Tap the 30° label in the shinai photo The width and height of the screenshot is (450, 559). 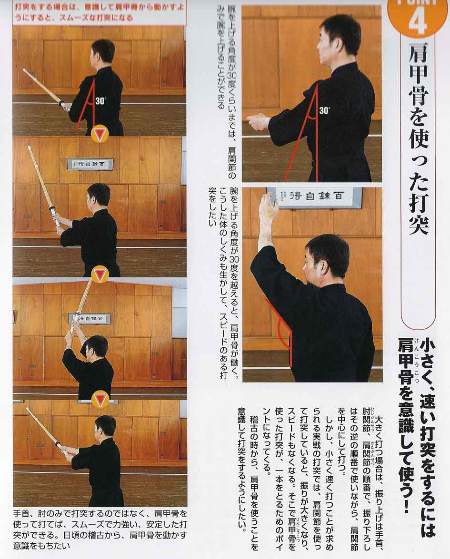(100, 101)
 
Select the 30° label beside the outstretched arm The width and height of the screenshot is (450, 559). (324, 110)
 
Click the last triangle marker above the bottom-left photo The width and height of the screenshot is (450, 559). (100, 399)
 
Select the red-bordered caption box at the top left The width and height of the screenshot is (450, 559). (100, 13)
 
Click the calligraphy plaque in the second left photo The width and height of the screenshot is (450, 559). (90, 164)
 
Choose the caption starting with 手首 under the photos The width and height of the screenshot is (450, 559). (100, 530)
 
